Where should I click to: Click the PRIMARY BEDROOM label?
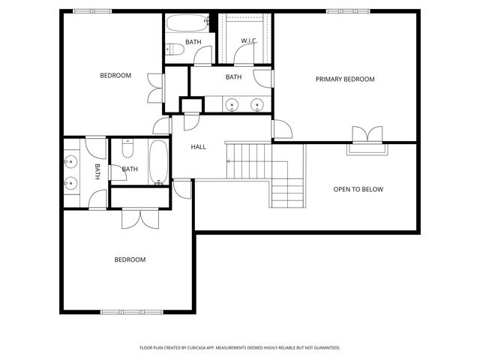pyautogui.click(x=344, y=79)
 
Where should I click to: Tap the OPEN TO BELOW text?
pyautogui.click(x=358, y=189)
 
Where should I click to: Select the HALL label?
pyautogui.click(x=198, y=147)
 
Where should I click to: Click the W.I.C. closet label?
pyautogui.click(x=249, y=40)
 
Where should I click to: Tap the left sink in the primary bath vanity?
pyautogui.click(x=232, y=105)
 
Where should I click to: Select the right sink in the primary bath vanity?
pyautogui.click(x=256, y=105)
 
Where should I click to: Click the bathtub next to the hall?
pyautogui.click(x=159, y=162)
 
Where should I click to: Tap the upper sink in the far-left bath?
pyautogui.click(x=72, y=160)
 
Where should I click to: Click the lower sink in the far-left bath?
pyautogui.click(x=72, y=182)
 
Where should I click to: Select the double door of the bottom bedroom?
pyautogui.click(x=140, y=217)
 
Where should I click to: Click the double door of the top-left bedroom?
pyautogui.click(x=156, y=88)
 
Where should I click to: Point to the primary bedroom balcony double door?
pyautogui.click(x=367, y=134)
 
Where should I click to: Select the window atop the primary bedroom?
pyautogui.click(x=343, y=10)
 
